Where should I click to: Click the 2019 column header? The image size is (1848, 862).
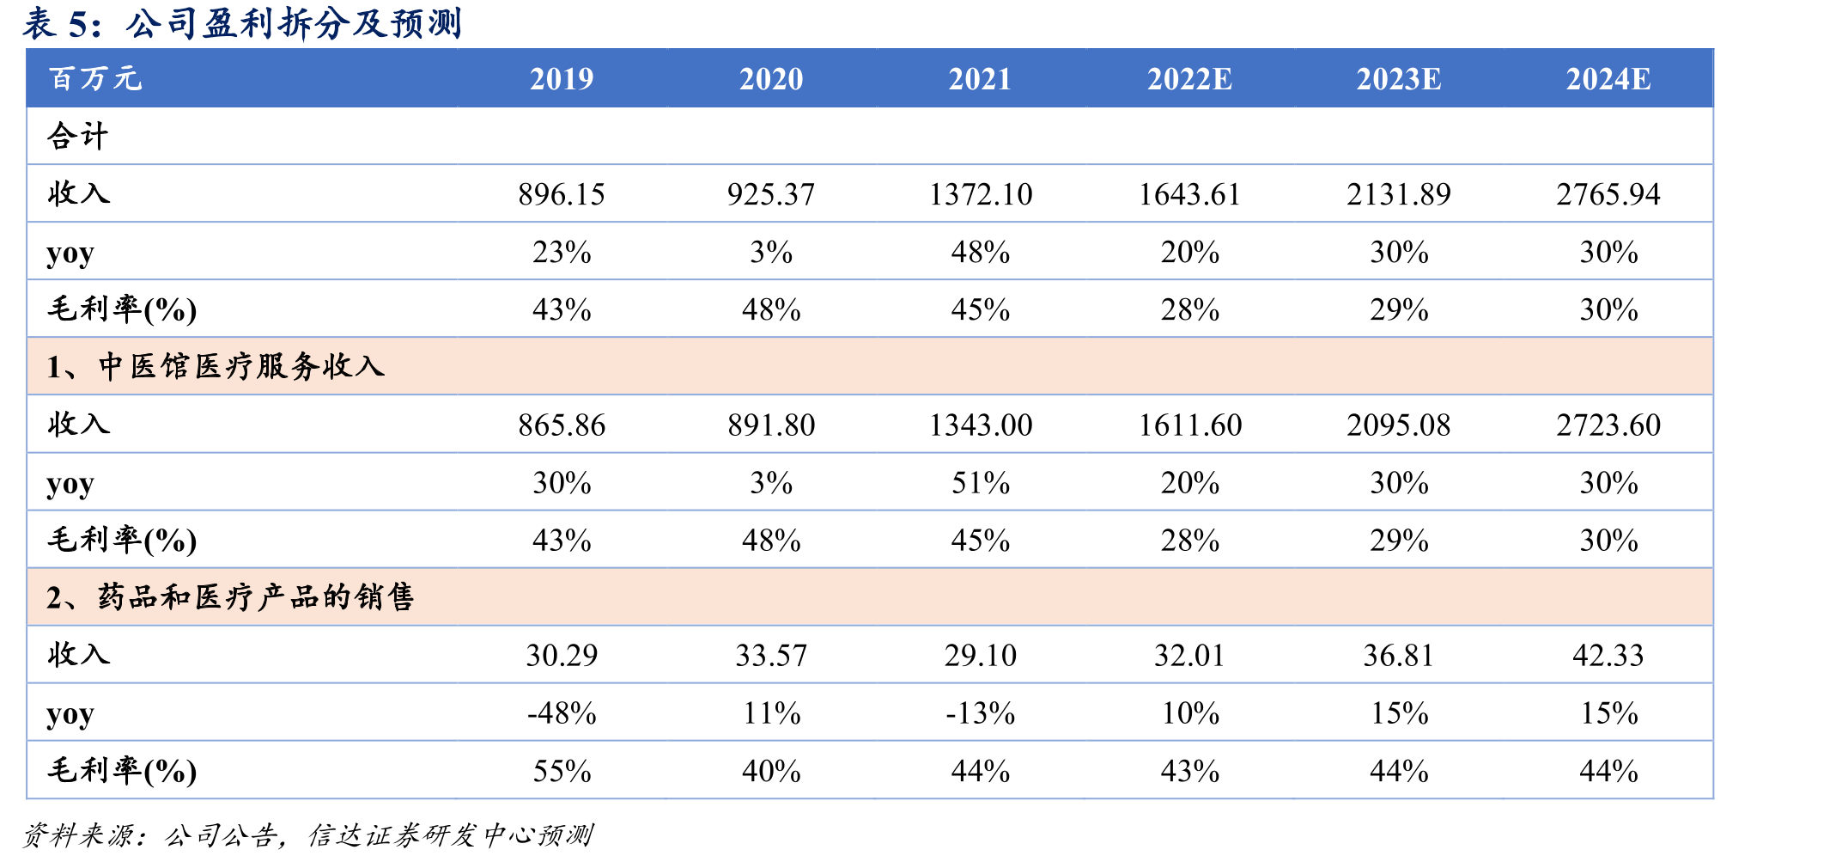point(562,79)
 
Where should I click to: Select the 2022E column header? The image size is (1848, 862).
point(1189,79)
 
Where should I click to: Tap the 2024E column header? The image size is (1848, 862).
point(1608,79)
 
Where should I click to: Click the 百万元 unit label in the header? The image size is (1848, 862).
point(95,79)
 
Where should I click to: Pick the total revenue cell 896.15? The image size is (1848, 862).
point(562,194)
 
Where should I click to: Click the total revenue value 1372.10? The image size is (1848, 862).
point(981,194)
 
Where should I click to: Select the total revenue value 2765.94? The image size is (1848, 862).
point(1608,194)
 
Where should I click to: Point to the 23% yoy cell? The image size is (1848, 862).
point(562,252)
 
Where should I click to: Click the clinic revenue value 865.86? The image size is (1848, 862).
point(562,425)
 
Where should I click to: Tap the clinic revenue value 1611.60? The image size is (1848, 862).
point(1190,425)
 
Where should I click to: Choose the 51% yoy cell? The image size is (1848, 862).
point(981,482)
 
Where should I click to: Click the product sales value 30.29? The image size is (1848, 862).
point(562,655)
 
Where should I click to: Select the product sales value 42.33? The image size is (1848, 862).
point(1608,655)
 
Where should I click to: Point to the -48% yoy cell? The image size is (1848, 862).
point(562,712)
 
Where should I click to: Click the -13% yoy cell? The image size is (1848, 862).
point(981,712)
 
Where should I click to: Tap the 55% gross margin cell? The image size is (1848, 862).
point(562,770)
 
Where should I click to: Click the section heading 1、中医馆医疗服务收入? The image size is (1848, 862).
point(216,367)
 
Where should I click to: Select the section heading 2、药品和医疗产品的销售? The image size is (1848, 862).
point(230,597)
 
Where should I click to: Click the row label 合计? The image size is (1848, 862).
point(78,136)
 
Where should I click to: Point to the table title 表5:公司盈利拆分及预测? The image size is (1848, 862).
point(242,23)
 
